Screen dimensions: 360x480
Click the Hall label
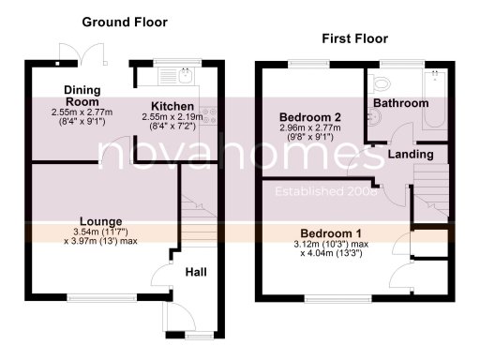[x=195, y=273]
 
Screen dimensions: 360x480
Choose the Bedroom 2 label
[x=308, y=117]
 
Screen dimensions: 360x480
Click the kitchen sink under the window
[x=184, y=73]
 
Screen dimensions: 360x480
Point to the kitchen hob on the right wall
[x=213, y=116]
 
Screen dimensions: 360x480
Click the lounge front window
[x=93, y=299]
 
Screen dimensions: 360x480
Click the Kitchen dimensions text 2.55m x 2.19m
[x=171, y=118]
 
